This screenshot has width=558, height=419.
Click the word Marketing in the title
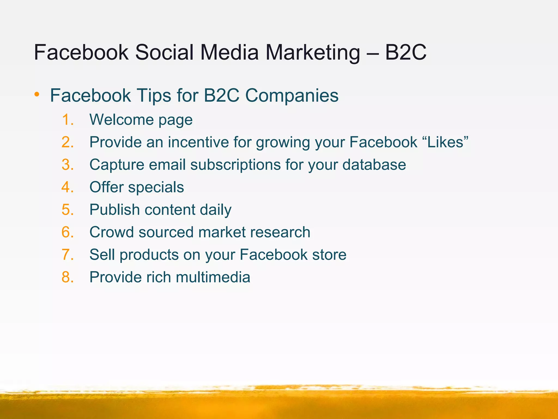(x=313, y=52)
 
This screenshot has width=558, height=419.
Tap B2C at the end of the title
(x=405, y=52)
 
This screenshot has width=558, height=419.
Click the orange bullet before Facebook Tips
(x=37, y=94)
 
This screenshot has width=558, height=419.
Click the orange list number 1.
(x=67, y=120)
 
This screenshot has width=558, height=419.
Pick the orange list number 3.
(x=67, y=165)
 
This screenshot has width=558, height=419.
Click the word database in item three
(x=374, y=165)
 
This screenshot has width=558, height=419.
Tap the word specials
(x=156, y=187)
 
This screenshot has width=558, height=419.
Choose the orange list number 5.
(x=67, y=210)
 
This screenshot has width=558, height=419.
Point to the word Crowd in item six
(x=111, y=232)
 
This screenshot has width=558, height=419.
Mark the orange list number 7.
(x=67, y=255)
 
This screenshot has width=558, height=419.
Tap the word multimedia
(x=213, y=277)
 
